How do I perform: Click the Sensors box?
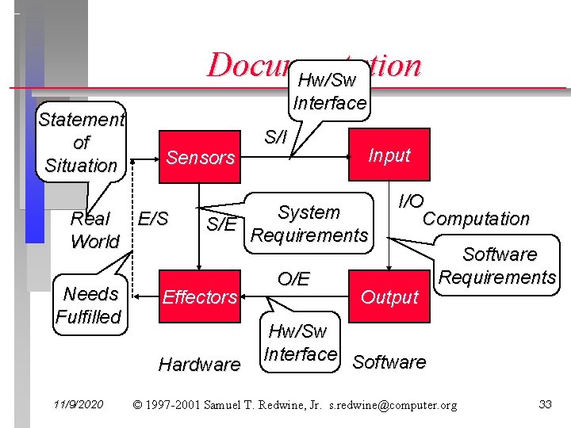201,157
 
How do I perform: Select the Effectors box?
200,297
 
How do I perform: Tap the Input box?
389,155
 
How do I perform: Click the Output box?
389,297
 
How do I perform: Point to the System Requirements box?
308,224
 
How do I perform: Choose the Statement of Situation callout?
81,143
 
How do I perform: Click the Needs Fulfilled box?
90,305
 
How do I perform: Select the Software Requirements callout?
498,266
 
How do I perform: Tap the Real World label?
94,230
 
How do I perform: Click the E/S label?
153,216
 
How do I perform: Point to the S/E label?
221,224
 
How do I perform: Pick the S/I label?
275,137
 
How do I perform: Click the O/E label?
293,278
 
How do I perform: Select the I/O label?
411,201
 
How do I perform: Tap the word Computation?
476,219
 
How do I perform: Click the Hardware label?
199,365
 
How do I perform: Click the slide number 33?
545,405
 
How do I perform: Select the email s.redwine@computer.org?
395,405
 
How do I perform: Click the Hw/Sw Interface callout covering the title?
329,91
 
